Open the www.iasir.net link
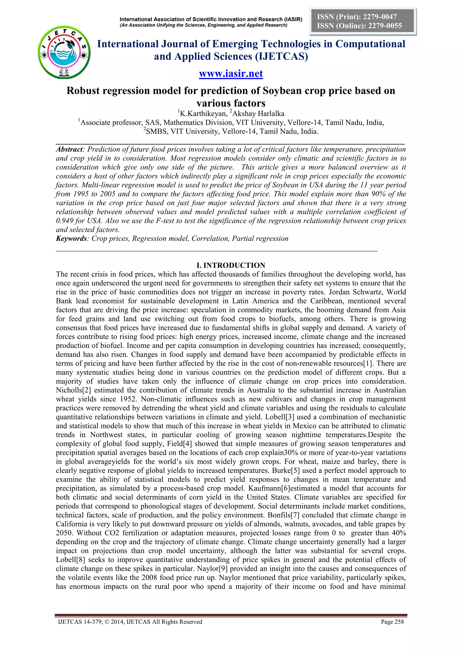231,74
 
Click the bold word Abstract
69,149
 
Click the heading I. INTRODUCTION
231,265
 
